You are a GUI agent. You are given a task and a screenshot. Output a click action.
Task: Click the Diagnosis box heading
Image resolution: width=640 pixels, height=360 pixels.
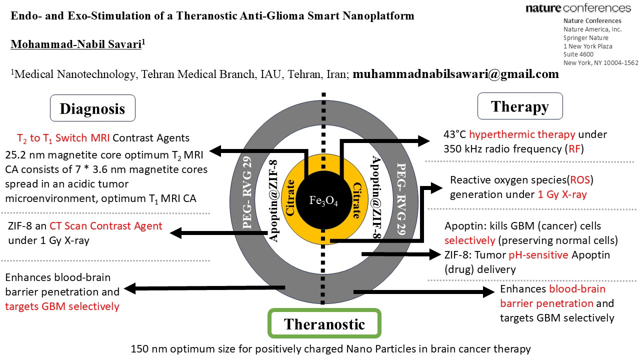click(92, 108)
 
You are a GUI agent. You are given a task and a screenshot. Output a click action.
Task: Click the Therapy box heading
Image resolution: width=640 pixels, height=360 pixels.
click(520, 106)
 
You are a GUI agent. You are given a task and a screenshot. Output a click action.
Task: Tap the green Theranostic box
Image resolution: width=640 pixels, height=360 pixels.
click(324, 323)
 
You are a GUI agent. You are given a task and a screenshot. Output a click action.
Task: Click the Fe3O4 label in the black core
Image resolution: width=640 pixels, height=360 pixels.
click(323, 200)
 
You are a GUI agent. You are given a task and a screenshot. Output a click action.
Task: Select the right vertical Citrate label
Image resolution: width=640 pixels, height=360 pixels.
click(357, 200)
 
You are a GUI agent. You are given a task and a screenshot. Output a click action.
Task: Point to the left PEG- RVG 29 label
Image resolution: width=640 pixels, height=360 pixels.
click(247, 193)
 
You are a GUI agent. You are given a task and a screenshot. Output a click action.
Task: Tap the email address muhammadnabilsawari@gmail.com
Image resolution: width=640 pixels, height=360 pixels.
click(455, 74)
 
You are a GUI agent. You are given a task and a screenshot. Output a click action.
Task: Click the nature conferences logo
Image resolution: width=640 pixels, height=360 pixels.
click(578, 8)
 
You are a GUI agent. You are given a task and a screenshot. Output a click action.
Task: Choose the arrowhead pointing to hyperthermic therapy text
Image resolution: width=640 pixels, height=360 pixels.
click(423, 141)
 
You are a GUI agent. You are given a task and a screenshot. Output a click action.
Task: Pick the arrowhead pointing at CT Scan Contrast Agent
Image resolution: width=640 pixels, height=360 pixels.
click(176, 233)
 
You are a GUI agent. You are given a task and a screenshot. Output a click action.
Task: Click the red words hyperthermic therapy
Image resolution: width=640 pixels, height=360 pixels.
click(522, 134)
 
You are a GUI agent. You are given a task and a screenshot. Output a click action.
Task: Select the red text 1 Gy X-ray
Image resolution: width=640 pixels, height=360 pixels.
click(562, 194)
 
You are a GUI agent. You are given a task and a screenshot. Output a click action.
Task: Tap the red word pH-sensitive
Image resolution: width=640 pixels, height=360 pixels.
click(538, 255)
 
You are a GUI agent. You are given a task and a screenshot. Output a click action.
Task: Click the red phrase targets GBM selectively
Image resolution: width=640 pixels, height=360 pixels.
click(62, 306)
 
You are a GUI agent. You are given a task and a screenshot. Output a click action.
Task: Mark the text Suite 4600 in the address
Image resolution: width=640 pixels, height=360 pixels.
click(578, 54)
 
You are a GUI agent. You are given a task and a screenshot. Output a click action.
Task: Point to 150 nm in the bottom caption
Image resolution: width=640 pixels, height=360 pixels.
click(147, 349)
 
